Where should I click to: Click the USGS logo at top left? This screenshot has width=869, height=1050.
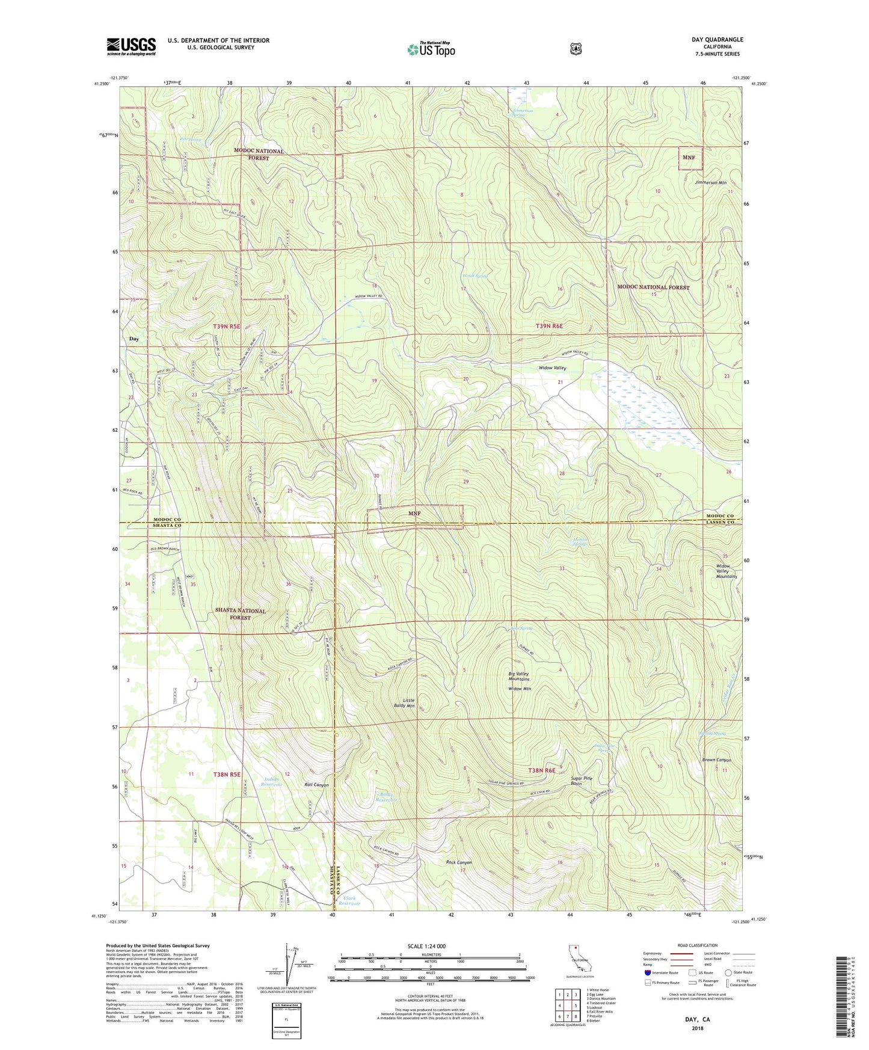coord(131,46)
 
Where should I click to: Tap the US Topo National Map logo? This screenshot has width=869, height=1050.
coord(431,49)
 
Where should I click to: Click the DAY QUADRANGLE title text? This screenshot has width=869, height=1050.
coord(717,40)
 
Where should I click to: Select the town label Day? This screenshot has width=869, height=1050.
coord(134,339)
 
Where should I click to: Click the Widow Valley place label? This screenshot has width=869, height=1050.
coord(552,367)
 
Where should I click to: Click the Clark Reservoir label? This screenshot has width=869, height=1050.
coord(349,901)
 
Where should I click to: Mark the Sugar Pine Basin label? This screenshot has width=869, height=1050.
coord(581,781)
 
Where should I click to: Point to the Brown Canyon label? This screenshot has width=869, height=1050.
coord(716,760)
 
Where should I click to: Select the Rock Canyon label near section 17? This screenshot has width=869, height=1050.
coord(459,862)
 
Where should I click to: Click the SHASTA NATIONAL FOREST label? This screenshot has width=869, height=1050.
coord(240,614)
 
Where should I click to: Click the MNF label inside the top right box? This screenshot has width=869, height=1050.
coord(689,158)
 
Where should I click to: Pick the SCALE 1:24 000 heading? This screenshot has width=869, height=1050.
coord(426,946)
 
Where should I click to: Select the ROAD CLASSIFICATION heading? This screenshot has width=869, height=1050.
coord(697,945)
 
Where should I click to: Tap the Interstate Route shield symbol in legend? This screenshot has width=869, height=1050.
coord(647,972)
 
